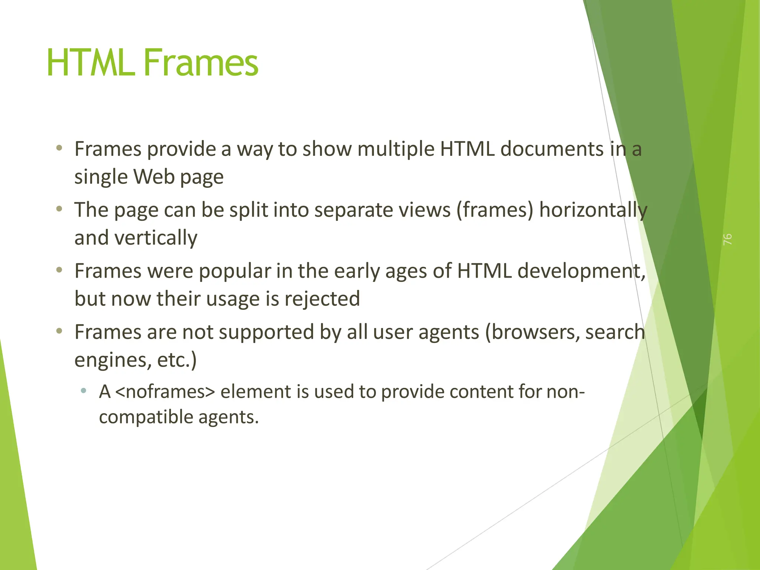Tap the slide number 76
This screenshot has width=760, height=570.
(x=727, y=239)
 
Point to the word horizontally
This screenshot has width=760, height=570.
(x=593, y=210)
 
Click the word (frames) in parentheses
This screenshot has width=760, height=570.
(x=494, y=210)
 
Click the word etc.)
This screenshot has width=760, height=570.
(x=177, y=360)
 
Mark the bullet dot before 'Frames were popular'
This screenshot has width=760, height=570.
(x=59, y=270)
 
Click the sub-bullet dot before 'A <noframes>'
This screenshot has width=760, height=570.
(x=83, y=390)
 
